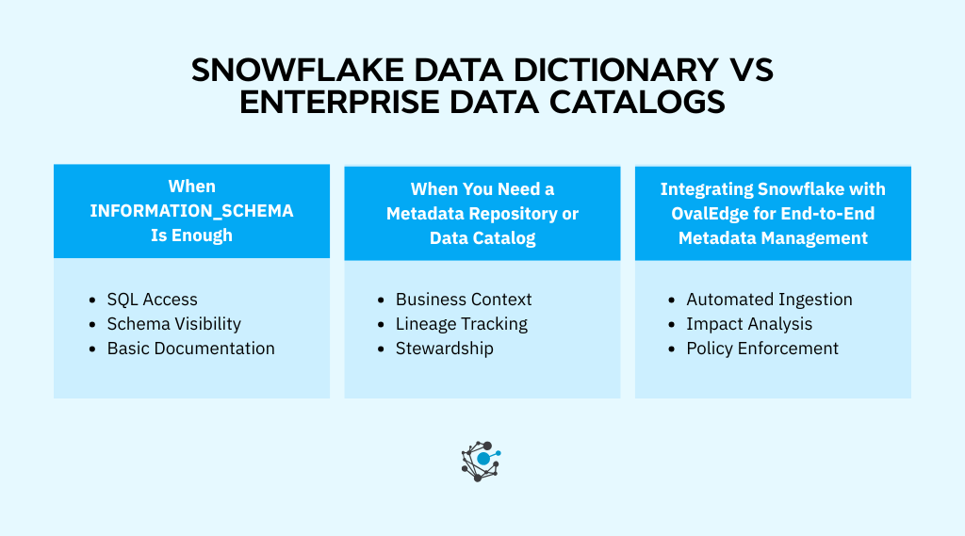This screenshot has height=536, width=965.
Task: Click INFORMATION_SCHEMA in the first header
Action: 191,211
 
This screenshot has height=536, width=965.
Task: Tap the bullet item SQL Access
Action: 152,300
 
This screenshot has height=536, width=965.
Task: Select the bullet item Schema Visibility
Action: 173,324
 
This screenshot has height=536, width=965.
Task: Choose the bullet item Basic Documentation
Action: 190,349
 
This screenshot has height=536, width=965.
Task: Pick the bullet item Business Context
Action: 464,300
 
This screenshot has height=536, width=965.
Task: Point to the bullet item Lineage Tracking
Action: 461,324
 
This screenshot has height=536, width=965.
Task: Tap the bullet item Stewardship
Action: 444,349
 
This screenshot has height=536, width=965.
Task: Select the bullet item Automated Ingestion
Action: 769,300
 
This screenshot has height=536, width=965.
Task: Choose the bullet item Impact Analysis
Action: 749,324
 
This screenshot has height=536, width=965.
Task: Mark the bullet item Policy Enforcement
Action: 762,349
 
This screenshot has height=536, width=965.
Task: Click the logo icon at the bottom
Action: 481,461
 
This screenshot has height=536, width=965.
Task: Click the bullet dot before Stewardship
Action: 381,349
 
